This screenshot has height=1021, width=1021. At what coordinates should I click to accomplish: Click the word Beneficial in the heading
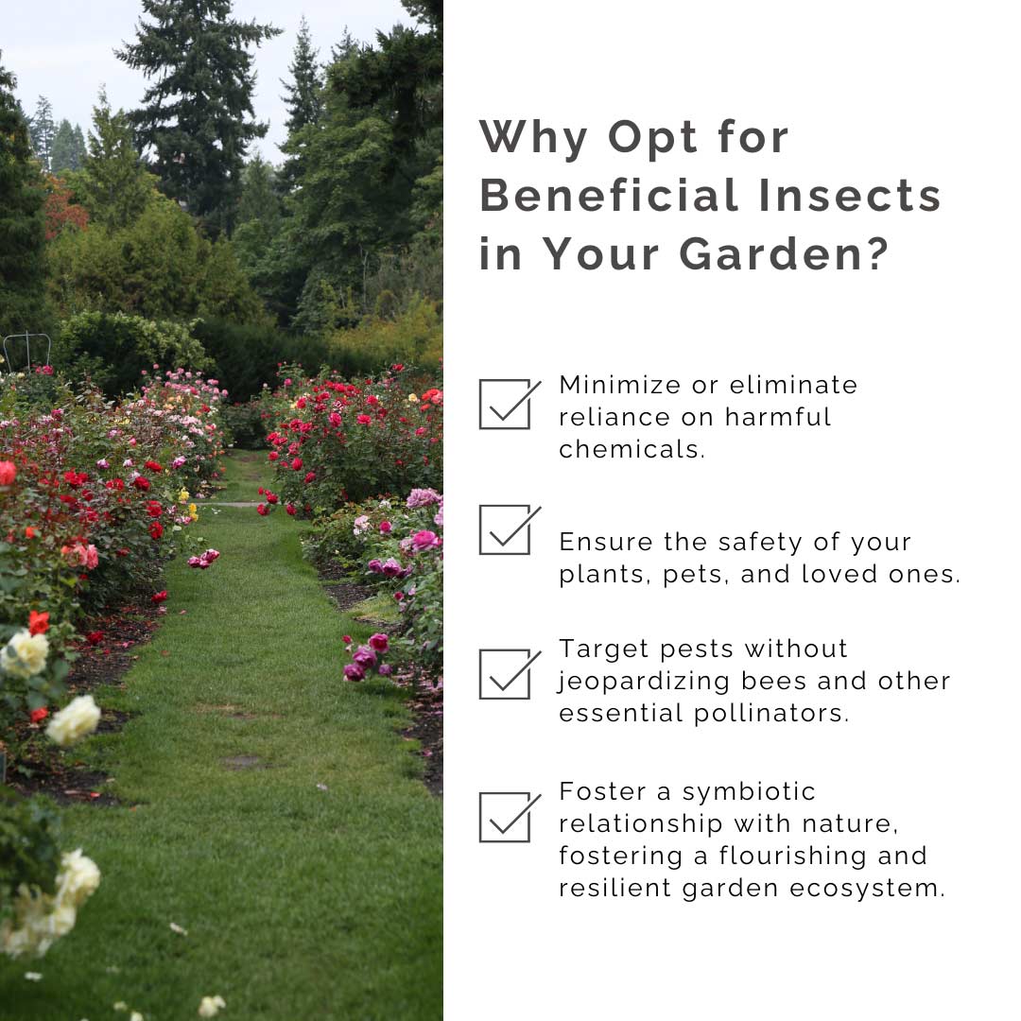coord(610,195)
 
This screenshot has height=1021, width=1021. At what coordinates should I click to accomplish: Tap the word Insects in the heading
coord(851,195)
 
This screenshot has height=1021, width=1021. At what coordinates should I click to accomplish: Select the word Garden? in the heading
coord(784,253)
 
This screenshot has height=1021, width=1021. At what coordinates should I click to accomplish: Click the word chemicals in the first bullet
coord(632,449)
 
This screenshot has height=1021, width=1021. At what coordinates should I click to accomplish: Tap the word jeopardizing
coord(645,682)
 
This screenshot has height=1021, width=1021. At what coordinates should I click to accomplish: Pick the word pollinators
coord(771,714)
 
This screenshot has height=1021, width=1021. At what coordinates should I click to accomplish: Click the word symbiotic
coord(749,792)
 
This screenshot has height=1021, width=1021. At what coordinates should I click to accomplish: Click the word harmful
coord(778,418)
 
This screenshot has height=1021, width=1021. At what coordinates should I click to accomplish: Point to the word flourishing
coord(792,857)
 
